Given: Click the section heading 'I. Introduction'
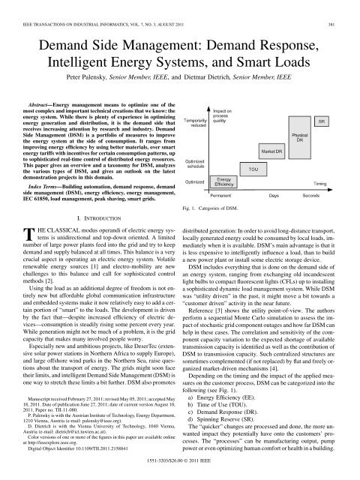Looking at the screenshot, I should coord(96,199).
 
